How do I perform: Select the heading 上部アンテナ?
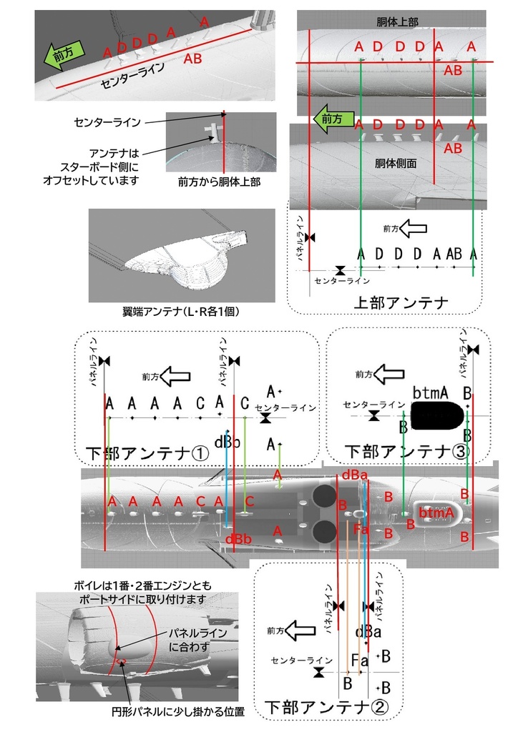click(x=401, y=302)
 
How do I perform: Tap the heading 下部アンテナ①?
click(x=147, y=453)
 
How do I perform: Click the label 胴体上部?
click(x=398, y=23)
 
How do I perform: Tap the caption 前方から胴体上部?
click(x=219, y=182)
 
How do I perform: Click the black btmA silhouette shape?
click(x=434, y=416)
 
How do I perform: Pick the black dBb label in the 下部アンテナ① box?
click(x=228, y=441)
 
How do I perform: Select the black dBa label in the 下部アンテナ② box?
click(x=368, y=632)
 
